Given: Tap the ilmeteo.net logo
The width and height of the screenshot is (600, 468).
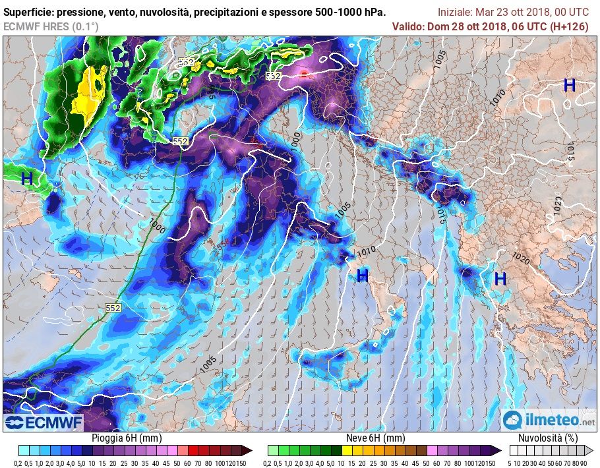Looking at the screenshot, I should point(549,420).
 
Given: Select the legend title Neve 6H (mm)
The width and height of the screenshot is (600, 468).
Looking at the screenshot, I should point(375,438).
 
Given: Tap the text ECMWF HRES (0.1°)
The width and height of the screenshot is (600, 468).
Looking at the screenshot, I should point(51,26).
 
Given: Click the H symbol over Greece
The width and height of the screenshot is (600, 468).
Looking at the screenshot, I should point(500,279).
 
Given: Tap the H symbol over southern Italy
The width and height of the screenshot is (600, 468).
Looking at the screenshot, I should point(362,276).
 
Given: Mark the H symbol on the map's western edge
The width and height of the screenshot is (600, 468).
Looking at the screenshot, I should point(27,178).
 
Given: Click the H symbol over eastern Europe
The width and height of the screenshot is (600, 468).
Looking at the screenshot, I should point(570,85).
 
